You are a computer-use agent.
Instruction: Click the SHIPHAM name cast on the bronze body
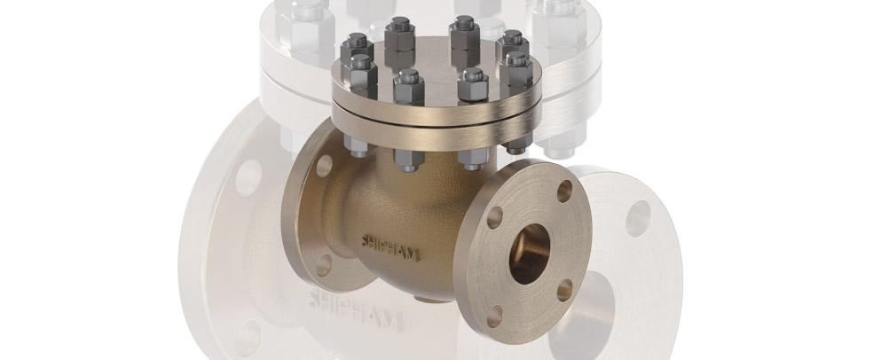coord(391,245)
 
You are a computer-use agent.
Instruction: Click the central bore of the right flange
coord(531,254)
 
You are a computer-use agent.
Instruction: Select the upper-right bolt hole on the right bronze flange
coord(565,191)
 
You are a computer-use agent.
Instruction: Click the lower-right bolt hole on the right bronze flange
coord(564,289)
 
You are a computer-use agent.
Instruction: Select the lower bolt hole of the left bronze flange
coord(325,263)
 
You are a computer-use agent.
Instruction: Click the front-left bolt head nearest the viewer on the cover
coord(408,86)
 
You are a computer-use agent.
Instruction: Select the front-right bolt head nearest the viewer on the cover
coord(472,86)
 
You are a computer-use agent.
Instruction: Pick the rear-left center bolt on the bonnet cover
coord(400,33)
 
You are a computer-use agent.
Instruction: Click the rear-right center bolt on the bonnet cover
coord(464,33)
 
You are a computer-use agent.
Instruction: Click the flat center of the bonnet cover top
coord(435,67)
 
